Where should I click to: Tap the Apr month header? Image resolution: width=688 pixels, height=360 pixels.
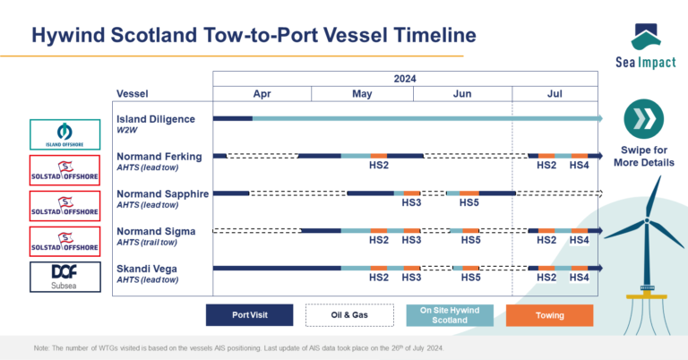pyautogui.click(x=262, y=94)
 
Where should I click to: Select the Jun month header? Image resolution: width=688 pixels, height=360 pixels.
pyautogui.click(x=462, y=94)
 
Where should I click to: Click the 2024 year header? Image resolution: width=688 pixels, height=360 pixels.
pyautogui.click(x=406, y=78)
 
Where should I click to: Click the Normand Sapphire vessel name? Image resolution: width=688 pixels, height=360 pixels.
pyautogui.click(x=162, y=193)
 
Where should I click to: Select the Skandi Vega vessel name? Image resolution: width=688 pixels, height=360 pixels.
pyautogui.click(x=147, y=268)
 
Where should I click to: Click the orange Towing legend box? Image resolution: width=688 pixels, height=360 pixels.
pyautogui.click(x=550, y=315)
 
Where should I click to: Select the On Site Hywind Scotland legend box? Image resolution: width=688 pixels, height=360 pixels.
pyautogui.click(x=450, y=315)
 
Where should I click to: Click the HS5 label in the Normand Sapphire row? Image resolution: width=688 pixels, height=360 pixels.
pyautogui.click(x=469, y=202)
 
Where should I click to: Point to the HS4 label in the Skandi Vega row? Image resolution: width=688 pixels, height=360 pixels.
pyautogui.click(x=579, y=278)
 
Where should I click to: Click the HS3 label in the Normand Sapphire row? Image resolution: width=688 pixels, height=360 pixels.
pyautogui.click(x=411, y=202)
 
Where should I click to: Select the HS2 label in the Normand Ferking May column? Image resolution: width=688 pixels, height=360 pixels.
pyautogui.click(x=378, y=165)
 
